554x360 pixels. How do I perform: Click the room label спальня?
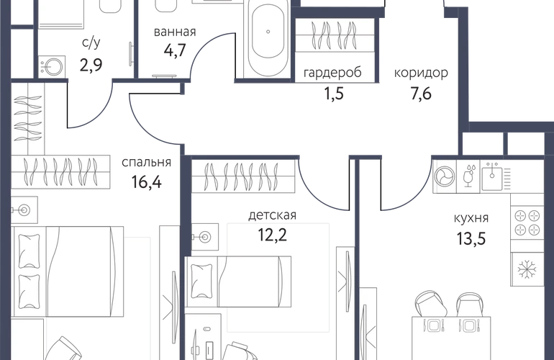(x=146, y=163)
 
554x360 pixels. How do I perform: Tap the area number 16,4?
(x=146, y=182)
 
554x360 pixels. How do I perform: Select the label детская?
(x=272, y=215)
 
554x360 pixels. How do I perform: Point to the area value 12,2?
(x=272, y=235)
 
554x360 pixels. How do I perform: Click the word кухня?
(x=471, y=218)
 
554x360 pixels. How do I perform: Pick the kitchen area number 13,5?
(x=471, y=238)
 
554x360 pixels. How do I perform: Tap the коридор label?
(x=421, y=73)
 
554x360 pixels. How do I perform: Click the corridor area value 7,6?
(x=421, y=94)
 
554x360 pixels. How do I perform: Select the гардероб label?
(x=332, y=73)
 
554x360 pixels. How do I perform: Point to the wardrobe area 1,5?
(x=334, y=94)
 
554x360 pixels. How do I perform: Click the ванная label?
(x=175, y=32)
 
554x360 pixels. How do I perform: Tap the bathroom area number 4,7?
(x=175, y=50)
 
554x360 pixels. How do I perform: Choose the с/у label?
(x=91, y=42)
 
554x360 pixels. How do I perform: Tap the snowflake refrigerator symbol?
(x=527, y=269)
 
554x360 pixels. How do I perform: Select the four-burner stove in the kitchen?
(x=527, y=222)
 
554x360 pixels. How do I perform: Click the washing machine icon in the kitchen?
(x=445, y=176)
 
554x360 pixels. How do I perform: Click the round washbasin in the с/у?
(x=52, y=66)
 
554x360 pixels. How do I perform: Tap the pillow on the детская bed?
(x=201, y=282)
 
